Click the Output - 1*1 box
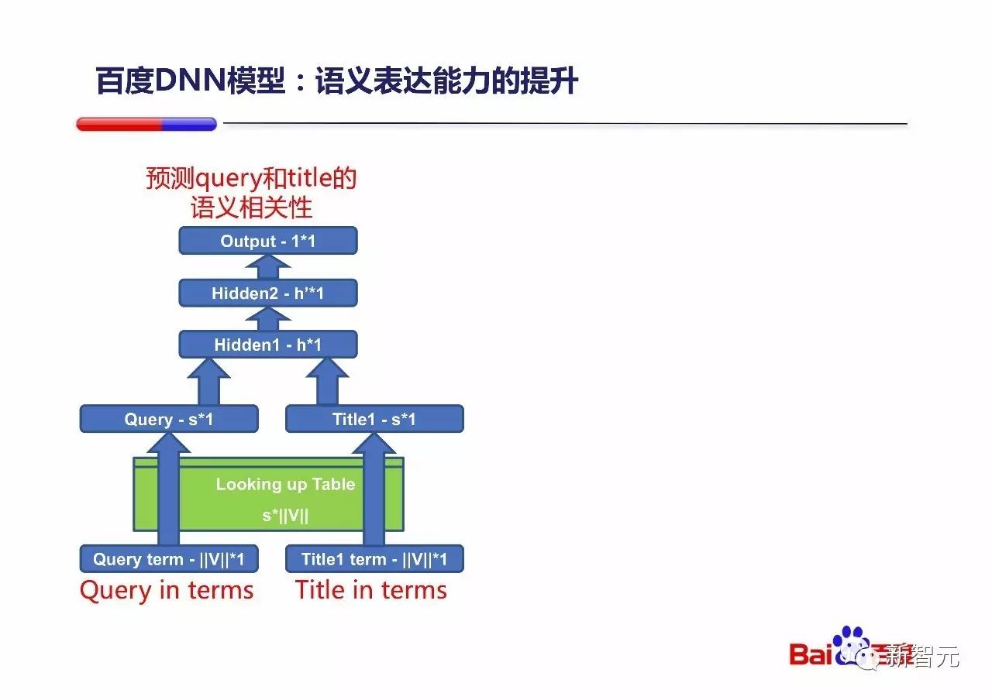pyautogui.click(x=267, y=241)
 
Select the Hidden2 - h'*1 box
pyautogui.click(x=267, y=293)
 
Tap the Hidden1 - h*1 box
pyautogui.click(x=267, y=345)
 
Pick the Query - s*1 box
pyautogui.click(x=169, y=419)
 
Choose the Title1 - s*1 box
pyautogui.click(x=374, y=419)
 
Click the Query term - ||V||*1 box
pyautogui.click(x=169, y=559)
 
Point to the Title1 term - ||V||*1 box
pyautogui.click(x=374, y=559)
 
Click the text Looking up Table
pyautogui.click(x=285, y=485)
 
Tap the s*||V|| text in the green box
pyautogui.click(x=285, y=516)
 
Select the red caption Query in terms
pyautogui.click(x=167, y=591)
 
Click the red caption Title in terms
pyautogui.click(x=371, y=591)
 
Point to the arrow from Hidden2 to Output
pyautogui.click(x=268, y=267)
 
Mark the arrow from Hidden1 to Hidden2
pyautogui.click(x=268, y=319)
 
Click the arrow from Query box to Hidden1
pyautogui.click(x=208, y=382)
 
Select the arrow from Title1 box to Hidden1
pyautogui.click(x=328, y=382)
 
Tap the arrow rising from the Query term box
pyautogui.click(x=168, y=488)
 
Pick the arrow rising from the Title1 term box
pyautogui.click(x=374, y=488)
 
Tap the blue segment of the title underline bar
pyautogui.click(x=188, y=124)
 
